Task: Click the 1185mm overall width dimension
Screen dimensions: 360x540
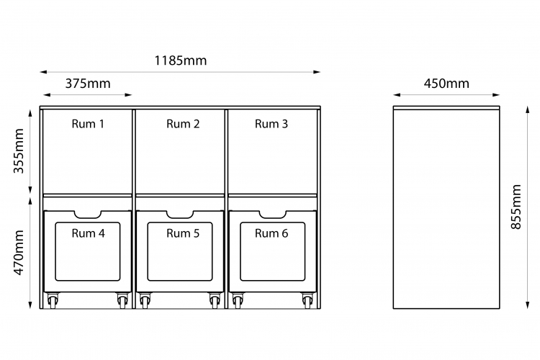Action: [180, 60]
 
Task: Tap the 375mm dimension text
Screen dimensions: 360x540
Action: [88, 83]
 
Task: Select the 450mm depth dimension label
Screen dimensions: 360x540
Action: [446, 83]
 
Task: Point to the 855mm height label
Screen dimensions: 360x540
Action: [516, 207]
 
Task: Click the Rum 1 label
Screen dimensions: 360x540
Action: [88, 124]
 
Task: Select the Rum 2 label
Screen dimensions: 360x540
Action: [183, 124]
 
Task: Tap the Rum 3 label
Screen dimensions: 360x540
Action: [271, 124]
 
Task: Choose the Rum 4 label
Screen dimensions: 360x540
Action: [88, 233]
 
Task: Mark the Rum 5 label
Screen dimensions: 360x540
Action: [183, 233]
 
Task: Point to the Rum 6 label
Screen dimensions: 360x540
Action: [271, 233]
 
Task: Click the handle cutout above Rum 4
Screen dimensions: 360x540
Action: [88, 215]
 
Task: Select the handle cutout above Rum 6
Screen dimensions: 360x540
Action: [272, 215]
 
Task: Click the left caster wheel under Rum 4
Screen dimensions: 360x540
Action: [52, 301]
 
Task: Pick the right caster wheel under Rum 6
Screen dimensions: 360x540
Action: [308, 301]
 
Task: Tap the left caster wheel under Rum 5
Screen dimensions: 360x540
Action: [145, 301]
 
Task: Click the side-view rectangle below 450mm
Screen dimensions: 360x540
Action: [446, 207]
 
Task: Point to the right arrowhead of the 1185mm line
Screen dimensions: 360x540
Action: [318, 72]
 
